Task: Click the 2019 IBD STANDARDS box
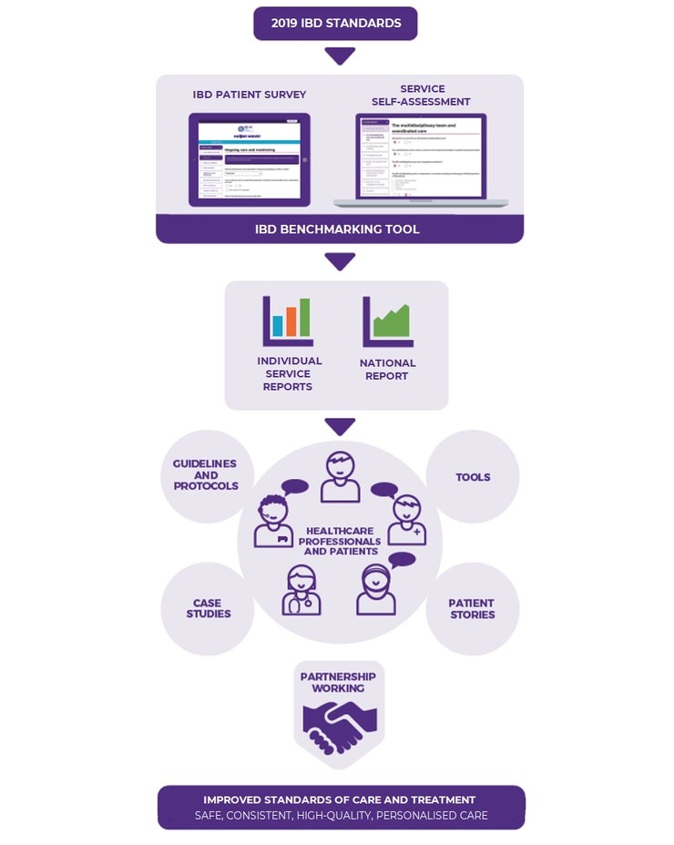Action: (x=335, y=24)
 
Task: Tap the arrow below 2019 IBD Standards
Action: (x=340, y=56)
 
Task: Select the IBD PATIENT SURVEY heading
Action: (x=249, y=95)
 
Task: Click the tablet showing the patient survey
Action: (x=249, y=159)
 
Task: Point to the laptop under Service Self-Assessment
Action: (x=420, y=159)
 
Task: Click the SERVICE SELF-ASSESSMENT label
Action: (x=422, y=95)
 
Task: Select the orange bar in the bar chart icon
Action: (x=291, y=321)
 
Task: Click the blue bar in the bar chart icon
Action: (x=278, y=326)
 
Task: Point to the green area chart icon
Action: (x=389, y=321)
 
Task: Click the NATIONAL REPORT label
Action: (x=387, y=369)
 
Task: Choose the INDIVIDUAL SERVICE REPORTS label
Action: (x=289, y=373)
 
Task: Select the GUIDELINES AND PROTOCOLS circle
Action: (x=206, y=475)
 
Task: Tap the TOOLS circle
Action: (x=473, y=477)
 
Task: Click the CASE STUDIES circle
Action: (x=208, y=608)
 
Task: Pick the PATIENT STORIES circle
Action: (x=472, y=608)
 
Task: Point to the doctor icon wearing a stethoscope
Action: (x=301, y=590)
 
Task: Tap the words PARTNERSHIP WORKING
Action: (x=339, y=682)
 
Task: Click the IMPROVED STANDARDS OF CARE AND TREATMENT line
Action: (x=340, y=799)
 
